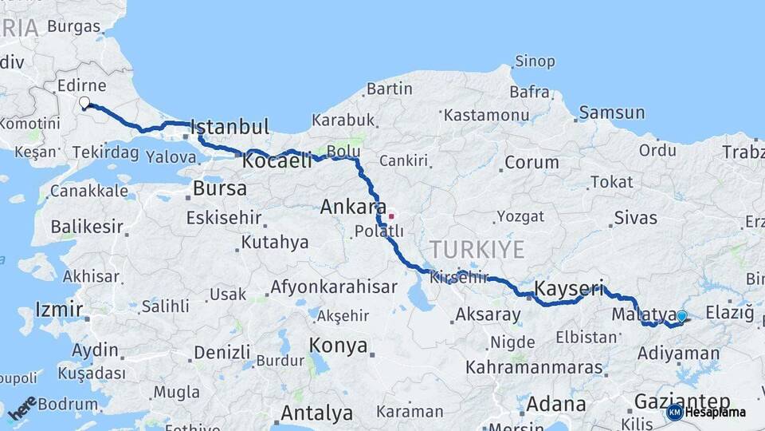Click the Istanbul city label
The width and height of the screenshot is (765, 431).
click(x=229, y=127)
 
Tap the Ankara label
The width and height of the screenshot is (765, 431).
click(x=347, y=208)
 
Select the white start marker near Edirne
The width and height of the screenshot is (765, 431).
click(x=84, y=102)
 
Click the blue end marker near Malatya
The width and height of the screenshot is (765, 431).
click(x=681, y=317)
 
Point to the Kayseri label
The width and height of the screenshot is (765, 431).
click(x=568, y=287)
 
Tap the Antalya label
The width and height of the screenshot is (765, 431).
click(x=316, y=413)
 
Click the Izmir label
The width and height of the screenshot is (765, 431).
click(x=59, y=310)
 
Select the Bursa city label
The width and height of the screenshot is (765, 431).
click(x=220, y=189)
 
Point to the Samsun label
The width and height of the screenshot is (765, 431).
click(x=611, y=113)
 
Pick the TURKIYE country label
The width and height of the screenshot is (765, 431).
click(x=477, y=250)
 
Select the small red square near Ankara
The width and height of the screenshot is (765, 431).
click(x=390, y=215)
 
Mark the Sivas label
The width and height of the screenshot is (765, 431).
click(x=635, y=218)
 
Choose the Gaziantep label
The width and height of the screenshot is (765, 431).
click(x=681, y=401)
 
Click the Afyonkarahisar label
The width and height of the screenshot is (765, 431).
click(x=334, y=287)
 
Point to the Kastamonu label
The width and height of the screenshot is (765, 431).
click(x=486, y=116)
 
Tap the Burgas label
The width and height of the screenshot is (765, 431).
click(x=73, y=26)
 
